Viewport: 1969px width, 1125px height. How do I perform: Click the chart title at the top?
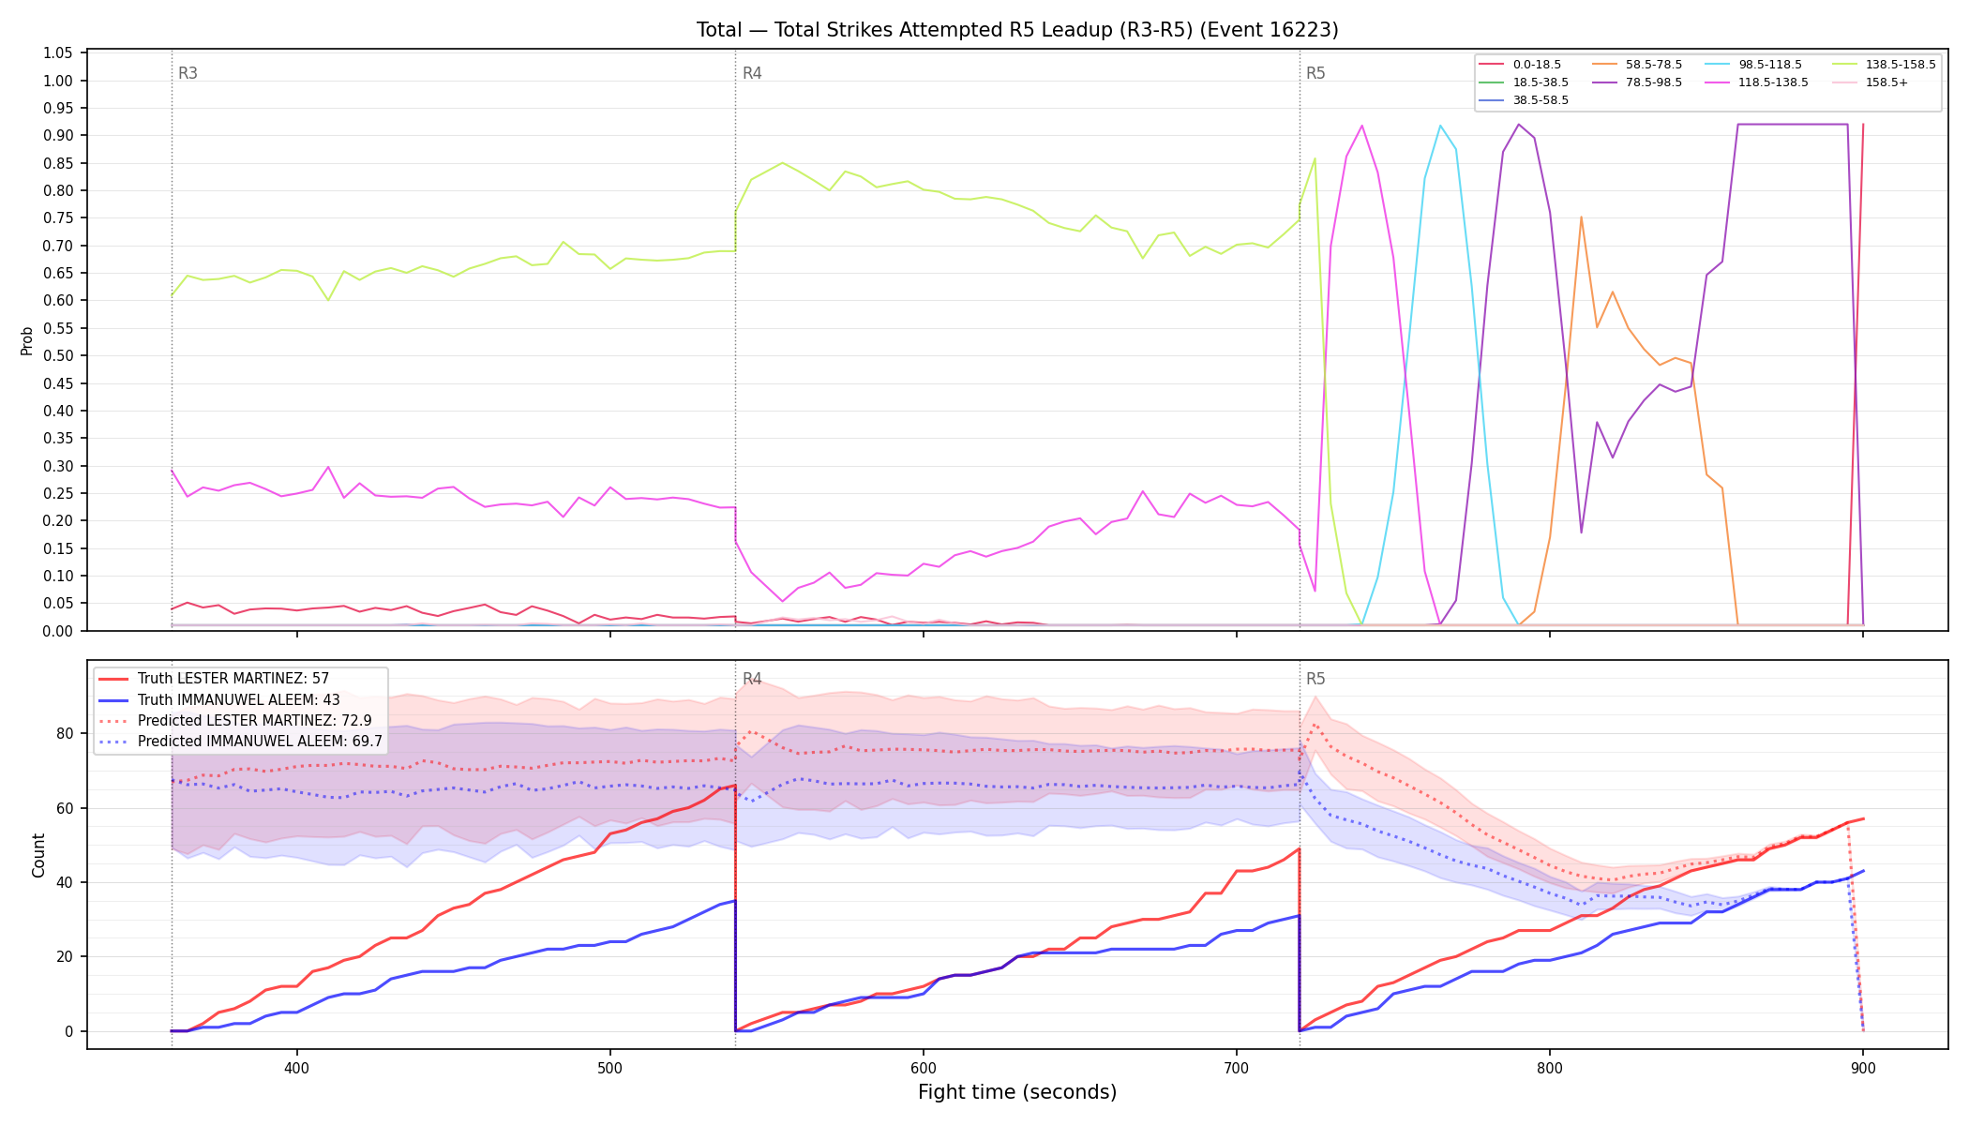pyautogui.click(x=1017, y=30)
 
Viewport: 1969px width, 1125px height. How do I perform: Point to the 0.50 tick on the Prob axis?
pyautogui.click(x=58, y=355)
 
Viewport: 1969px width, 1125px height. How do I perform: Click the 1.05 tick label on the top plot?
pyautogui.click(x=58, y=52)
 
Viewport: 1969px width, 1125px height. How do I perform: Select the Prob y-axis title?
pyautogui.click(x=26, y=340)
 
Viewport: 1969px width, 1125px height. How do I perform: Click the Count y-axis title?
pyautogui.click(x=38, y=855)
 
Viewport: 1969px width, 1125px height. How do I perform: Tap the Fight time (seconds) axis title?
pyautogui.click(x=1017, y=1092)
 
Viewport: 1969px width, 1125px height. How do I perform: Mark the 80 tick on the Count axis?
pyautogui.click(x=66, y=733)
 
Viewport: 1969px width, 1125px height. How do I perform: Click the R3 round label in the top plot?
pyautogui.click(x=188, y=73)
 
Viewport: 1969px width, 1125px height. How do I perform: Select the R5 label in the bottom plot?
pyautogui.click(x=1315, y=679)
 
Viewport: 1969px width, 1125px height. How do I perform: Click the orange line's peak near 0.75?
pyautogui.click(x=1581, y=217)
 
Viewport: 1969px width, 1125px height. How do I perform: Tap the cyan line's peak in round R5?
pyautogui.click(x=1440, y=125)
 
